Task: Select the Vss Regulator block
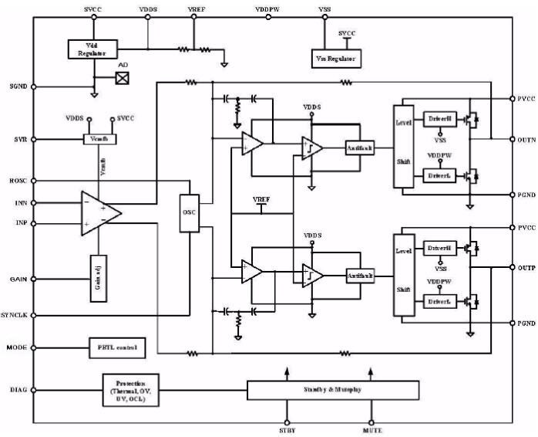click(337, 58)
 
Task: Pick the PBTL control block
click(116, 348)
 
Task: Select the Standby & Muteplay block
click(333, 390)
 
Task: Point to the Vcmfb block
click(98, 139)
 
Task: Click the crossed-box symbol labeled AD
click(121, 78)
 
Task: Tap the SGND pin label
click(18, 86)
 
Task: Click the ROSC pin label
click(18, 182)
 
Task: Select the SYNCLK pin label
click(15, 316)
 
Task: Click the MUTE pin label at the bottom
click(372, 430)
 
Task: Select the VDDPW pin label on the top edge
click(267, 8)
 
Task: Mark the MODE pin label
click(18, 348)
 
